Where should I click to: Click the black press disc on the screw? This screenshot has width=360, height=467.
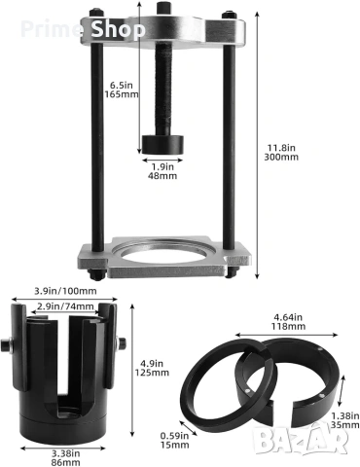click(162, 144)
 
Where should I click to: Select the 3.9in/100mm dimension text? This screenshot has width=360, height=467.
click(65, 291)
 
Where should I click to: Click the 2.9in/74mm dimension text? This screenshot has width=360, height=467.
click(65, 306)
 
